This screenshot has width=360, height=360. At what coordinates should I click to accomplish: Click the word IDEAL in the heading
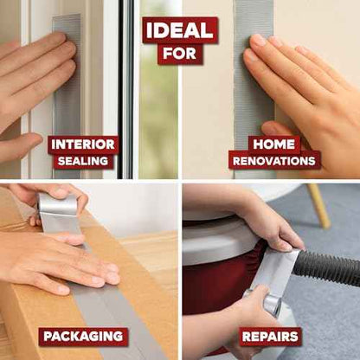tap(180, 30)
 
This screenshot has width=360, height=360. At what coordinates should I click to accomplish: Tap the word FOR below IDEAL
tap(180, 54)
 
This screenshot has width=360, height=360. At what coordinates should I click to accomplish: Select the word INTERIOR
tap(83, 145)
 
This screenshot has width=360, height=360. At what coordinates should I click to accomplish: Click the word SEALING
tap(83, 161)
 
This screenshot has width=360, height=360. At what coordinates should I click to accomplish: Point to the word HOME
tap(274, 145)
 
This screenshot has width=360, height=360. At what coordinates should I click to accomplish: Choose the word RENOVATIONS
tap(274, 161)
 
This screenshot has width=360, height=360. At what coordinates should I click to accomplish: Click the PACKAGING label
tap(83, 336)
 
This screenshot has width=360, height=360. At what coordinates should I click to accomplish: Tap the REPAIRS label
tap(270, 337)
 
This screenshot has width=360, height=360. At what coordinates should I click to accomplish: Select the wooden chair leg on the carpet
tap(319, 205)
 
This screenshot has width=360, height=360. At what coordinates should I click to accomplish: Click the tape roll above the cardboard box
tap(57, 204)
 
